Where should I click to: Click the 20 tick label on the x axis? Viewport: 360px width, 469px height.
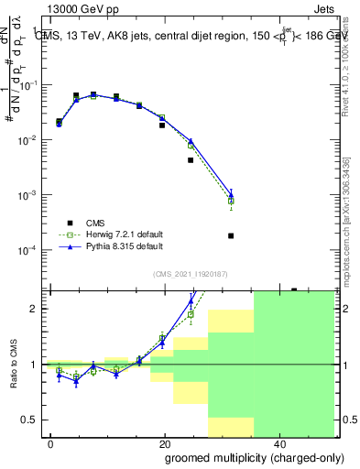165,443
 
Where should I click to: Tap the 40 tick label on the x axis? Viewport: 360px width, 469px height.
279,443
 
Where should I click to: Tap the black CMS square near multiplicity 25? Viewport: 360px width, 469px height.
191,160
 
